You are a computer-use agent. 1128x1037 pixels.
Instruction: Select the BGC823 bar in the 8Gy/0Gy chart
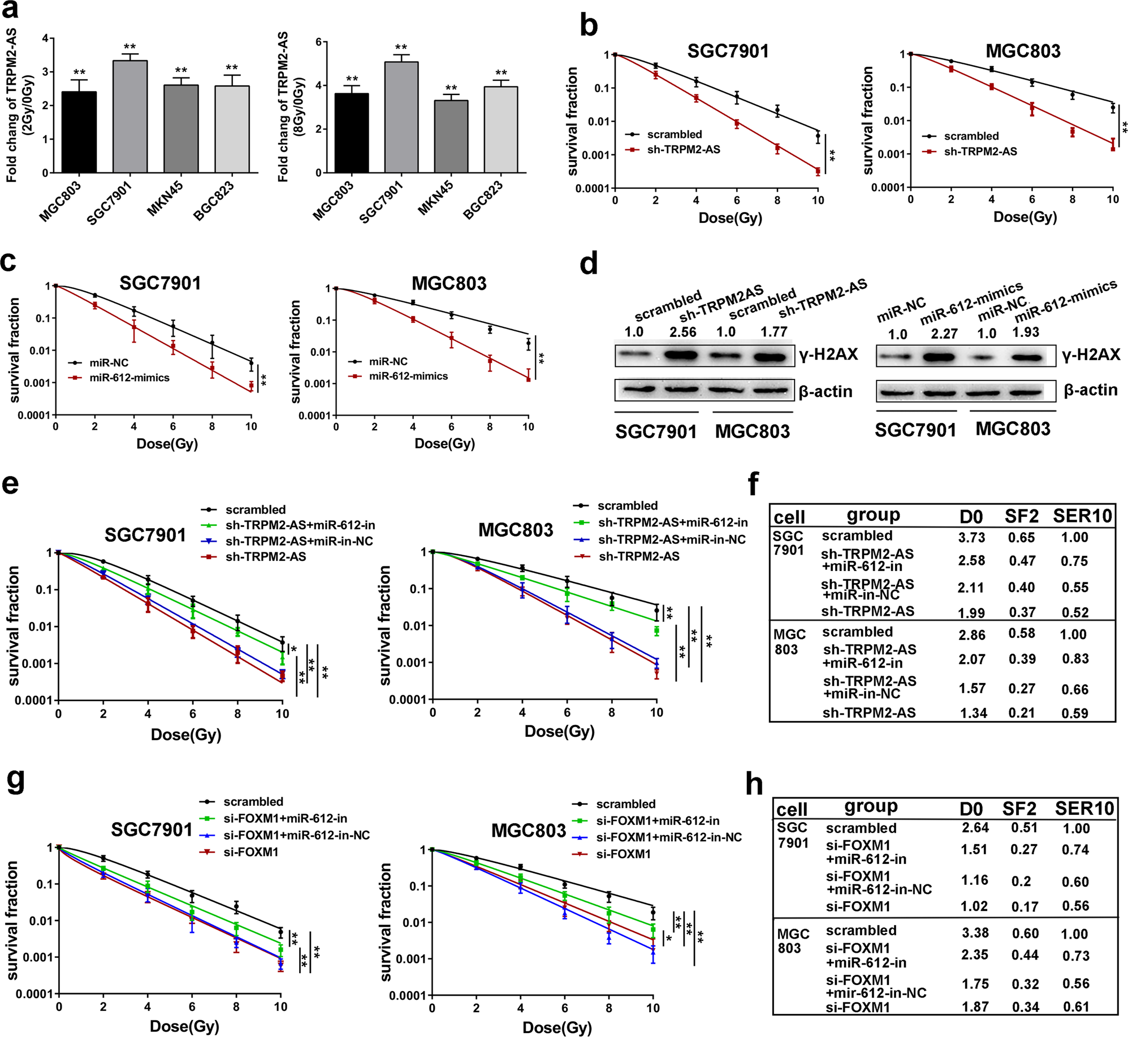pos(500,130)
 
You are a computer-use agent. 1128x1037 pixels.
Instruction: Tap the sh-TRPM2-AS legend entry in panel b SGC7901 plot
pos(683,150)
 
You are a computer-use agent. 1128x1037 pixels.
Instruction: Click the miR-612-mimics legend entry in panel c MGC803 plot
pos(408,376)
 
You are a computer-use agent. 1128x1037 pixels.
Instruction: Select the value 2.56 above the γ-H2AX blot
pos(682,332)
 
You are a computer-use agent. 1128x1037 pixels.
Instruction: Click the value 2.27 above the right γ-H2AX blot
pos(944,334)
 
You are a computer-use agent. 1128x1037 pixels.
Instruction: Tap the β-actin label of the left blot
pos(825,391)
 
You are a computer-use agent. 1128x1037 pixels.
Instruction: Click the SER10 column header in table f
pos(1082,516)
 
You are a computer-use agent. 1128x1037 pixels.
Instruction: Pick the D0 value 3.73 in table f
pos(971,537)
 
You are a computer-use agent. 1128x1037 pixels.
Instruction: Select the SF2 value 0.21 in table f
pos(1022,712)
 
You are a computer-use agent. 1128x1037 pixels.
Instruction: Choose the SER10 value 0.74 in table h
pos(1075,850)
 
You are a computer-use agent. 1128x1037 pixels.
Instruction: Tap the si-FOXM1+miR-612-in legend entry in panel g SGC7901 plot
pos(285,818)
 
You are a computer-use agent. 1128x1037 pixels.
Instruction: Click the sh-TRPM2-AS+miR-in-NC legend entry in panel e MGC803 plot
pos(671,539)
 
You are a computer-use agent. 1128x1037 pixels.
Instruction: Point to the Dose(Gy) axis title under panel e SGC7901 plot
pos(185,734)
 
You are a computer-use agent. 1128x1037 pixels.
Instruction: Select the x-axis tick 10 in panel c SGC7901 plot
pos(251,426)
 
